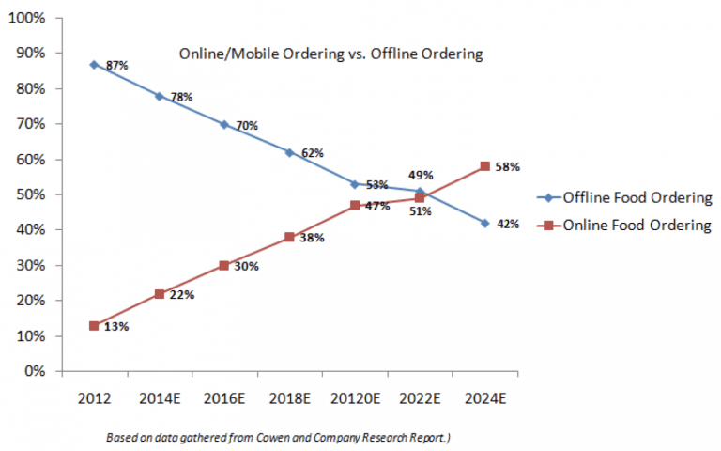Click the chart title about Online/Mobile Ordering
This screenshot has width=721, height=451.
click(x=330, y=54)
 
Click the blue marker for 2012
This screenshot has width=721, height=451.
click(x=94, y=64)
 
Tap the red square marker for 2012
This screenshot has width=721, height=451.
click(x=94, y=325)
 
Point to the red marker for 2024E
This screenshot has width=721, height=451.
click(x=484, y=166)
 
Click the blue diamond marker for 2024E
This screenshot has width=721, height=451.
click(x=484, y=223)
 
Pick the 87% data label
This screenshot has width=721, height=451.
click(x=117, y=66)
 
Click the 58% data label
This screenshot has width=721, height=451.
click(x=508, y=167)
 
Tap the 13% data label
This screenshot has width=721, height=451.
click(x=117, y=327)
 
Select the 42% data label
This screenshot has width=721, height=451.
click(x=508, y=225)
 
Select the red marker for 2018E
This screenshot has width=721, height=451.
click(x=289, y=237)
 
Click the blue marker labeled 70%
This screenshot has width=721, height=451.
click(x=224, y=124)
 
